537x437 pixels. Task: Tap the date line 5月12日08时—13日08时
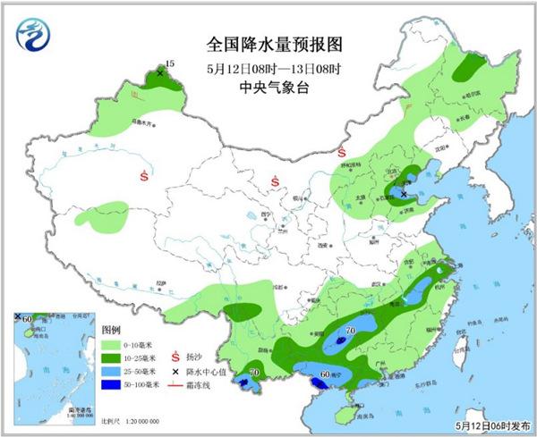click(268, 68)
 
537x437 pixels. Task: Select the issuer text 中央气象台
click(268, 88)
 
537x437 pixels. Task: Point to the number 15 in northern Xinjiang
click(170, 63)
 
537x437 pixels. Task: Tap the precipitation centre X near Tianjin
click(403, 193)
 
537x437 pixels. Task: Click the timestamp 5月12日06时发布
click(491, 426)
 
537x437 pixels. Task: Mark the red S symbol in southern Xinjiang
click(144, 177)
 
